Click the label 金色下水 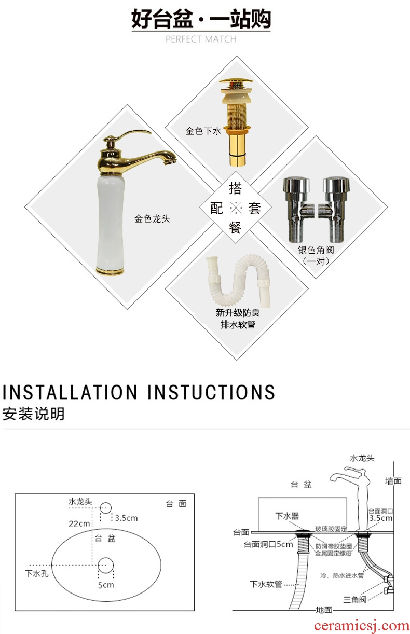click(x=203, y=131)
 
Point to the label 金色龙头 click(x=153, y=219)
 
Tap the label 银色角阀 click(x=316, y=250)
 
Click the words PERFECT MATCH click(x=201, y=39)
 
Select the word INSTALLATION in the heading click(x=70, y=392)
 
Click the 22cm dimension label click(x=79, y=523)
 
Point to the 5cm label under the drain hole click(x=106, y=585)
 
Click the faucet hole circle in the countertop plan click(x=106, y=508)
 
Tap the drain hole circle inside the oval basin click(x=106, y=566)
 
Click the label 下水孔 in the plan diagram click(x=37, y=574)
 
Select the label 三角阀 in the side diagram click(x=355, y=599)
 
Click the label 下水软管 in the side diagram click(x=266, y=584)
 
